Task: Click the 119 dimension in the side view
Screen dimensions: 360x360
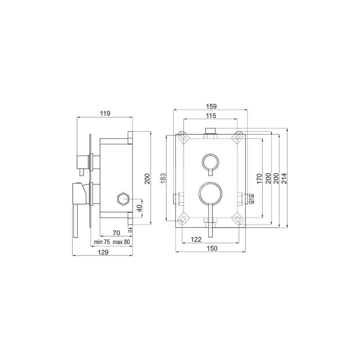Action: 105,113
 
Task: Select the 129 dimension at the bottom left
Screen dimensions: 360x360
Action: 103,252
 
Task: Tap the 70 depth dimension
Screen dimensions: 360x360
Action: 116,233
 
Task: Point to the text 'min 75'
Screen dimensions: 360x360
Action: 102,242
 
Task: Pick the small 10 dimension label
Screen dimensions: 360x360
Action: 130,231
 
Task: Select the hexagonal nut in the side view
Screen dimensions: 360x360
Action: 123,198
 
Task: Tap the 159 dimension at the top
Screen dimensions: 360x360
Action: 211,106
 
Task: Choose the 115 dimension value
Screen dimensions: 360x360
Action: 211,116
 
